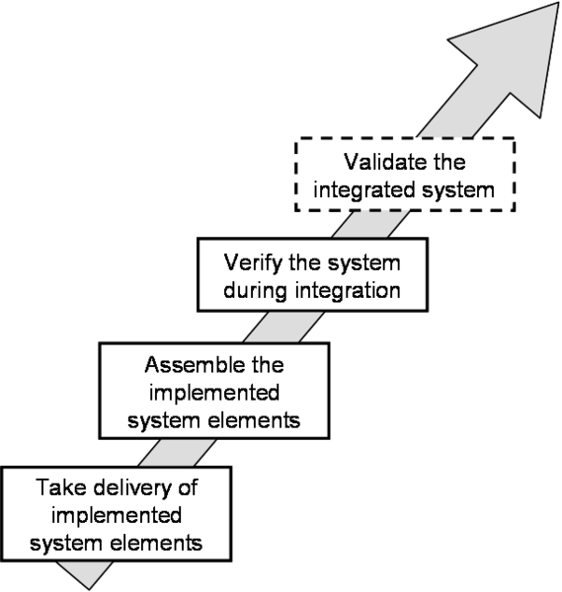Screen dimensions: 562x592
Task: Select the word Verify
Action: [x=253, y=263]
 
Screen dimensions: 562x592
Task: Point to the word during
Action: [x=255, y=291]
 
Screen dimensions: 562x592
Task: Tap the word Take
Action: [x=61, y=487]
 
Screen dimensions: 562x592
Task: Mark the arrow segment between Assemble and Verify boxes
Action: [x=283, y=327]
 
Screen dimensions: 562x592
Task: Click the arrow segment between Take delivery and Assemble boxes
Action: [x=177, y=453]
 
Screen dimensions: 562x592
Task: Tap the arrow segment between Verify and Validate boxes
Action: [x=370, y=224]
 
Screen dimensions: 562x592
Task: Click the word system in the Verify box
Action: [x=363, y=263]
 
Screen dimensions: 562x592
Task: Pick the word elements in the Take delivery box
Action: [x=156, y=543]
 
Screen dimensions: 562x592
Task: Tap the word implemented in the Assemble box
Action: [x=214, y=394]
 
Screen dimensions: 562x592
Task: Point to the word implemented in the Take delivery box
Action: [x=117, y=516]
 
